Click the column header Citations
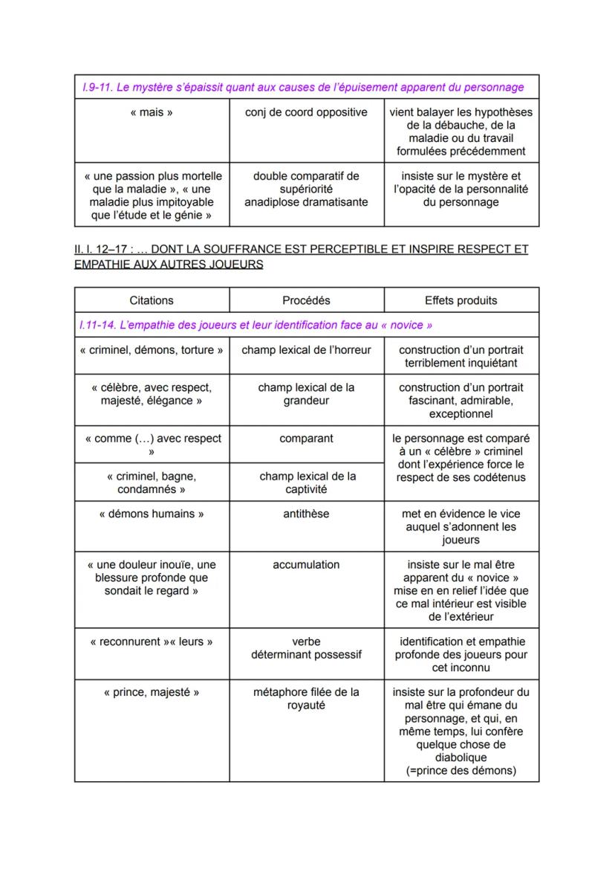[152, 300]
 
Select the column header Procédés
[306, 300]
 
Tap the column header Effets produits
[461, 300]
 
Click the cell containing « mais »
[152, 113]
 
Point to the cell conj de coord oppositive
[306, 113]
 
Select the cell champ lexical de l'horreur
[306, 350]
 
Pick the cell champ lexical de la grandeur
[306, 394]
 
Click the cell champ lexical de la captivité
[306, 482]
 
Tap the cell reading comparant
[306, 439]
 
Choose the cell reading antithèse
[306, 514]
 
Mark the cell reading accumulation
[306, 565]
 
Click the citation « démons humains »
[152, 514]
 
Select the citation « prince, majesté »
[152, 692]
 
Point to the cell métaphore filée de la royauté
[306, 699]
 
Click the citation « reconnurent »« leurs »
[152, 642]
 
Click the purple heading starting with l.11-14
[257, 326]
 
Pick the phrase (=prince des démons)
[461, 771]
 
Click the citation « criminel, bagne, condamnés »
[152, 482]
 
